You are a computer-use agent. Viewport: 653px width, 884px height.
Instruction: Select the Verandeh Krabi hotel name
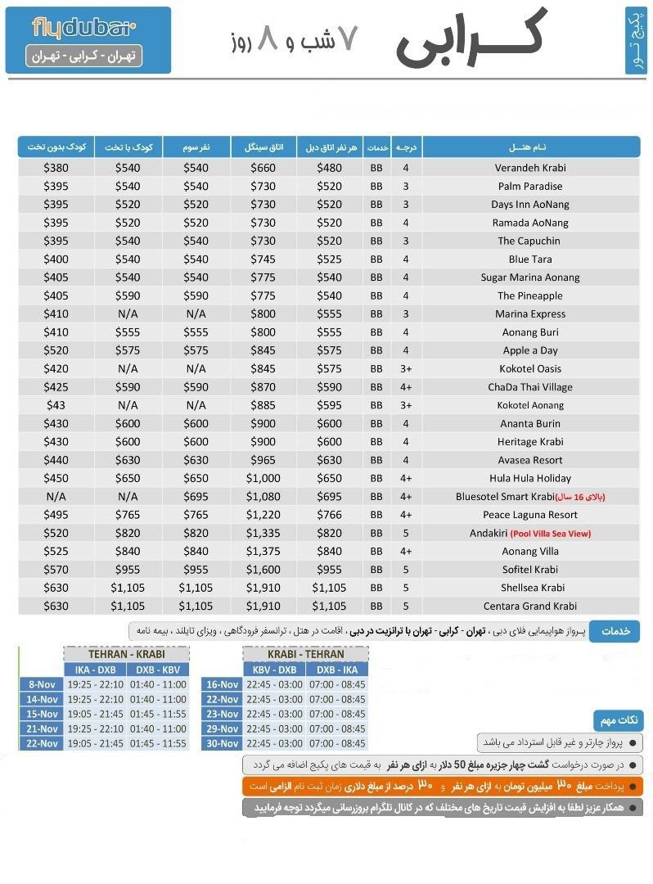(x=529, y=168)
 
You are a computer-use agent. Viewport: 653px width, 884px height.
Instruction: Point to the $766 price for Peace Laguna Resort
(x=329, y=515)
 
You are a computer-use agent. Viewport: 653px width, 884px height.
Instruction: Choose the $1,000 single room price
(x=264, y=478)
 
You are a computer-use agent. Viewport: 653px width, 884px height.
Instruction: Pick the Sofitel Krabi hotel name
(x=529, y=570)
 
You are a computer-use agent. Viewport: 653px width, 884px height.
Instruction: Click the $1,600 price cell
(x=264, y=570)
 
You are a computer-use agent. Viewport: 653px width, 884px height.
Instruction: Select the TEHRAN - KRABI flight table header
(x=126, y=654)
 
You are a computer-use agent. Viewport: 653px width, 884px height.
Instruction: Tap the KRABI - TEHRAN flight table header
(x=305, y=654)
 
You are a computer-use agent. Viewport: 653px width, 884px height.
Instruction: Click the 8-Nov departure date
(x=42, y=684)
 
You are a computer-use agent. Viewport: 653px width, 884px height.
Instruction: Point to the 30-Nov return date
(x=223, y=743)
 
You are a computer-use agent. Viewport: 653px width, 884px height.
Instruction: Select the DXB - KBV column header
(x=159, y=670)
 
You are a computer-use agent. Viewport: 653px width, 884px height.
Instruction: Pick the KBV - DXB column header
(x=275, y=670)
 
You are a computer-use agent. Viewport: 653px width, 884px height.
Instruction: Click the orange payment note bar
(x=443, y=787)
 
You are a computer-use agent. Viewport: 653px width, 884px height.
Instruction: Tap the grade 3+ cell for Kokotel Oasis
(x=406, y=368)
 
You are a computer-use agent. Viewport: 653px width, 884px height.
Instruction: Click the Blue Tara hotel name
(x=529, y=259)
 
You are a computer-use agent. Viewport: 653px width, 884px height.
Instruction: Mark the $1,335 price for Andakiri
(x=264, y=534)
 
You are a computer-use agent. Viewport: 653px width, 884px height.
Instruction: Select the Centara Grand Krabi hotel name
(x=529, y=607)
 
